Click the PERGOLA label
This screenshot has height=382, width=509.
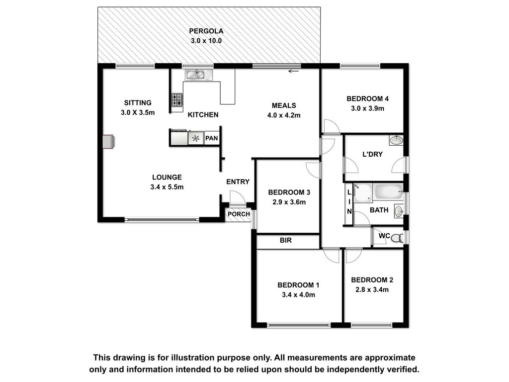pos(206,31)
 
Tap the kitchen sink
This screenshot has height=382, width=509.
pos(199,75)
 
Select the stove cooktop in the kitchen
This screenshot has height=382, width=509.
pos(177,100)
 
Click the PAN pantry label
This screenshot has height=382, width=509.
pos(212,138)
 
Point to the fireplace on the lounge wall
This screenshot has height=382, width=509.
pos(109,142)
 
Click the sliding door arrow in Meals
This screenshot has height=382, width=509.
pos(293,71)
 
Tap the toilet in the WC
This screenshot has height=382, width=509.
pos(397,238)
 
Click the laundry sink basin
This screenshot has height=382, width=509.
pos(396,140)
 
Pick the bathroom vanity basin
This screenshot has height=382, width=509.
pos(399,211)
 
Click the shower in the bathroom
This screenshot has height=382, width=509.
pos(362,193)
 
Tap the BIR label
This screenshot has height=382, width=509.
pos(286,240)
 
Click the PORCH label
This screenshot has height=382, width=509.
pos(239,214)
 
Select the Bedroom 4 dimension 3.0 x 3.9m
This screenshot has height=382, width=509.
pos(367,108)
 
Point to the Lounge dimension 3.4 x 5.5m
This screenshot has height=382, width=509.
pos(167,187)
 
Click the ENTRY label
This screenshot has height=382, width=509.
pos(238,182)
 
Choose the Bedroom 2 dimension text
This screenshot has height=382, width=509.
pos(372,290)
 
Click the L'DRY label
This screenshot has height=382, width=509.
pos(372,154)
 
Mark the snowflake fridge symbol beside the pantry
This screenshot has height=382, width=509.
pos(196,138)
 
